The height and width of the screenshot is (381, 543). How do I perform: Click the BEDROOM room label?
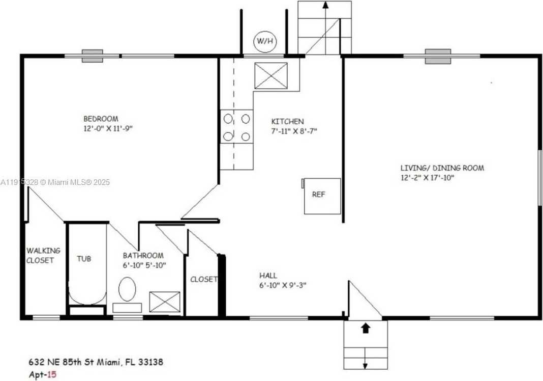click(x=101, y=119)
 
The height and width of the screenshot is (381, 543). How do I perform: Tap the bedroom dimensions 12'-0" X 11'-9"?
click(x=108, y=129)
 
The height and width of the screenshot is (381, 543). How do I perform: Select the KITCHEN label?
click(x=287, y=121)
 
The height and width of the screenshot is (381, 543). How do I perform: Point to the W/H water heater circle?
click(x=265, y=42)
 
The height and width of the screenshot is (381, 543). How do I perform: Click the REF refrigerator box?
click(x=322, y=196)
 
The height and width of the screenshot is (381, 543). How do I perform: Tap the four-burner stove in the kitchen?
click(x=237, y=127)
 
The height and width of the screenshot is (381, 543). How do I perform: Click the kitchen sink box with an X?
click(x=270, y=76)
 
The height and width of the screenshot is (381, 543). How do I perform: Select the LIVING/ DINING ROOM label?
click(x=442, y=168)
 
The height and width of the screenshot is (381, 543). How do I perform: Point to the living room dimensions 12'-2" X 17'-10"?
click(x=427, y=177)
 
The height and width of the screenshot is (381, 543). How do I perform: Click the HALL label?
click(x=268, y=276)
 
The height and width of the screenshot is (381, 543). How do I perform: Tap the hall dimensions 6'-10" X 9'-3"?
click(x=283, y=285)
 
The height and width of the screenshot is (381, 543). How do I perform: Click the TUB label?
click(x=84, y=259)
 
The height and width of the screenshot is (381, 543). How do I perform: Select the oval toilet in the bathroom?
click(x=127, y=289)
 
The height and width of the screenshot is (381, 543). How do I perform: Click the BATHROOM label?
click(x=143, y=256)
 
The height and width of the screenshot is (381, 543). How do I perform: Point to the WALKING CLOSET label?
click(x=43, y=255)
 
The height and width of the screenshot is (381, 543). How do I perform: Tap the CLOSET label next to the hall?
click(x=203, y=279)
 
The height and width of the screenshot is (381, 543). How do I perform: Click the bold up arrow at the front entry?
click(x=365, y=329)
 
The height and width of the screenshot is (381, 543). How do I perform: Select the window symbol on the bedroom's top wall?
click(x=93, y=56)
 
